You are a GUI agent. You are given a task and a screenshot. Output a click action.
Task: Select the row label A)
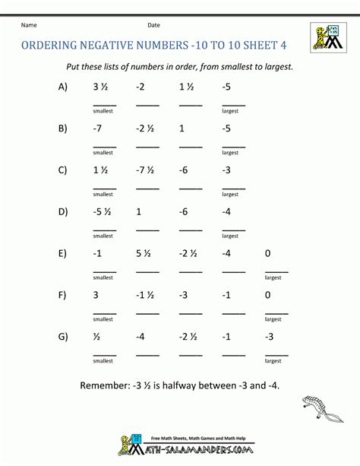(x=62, y=87)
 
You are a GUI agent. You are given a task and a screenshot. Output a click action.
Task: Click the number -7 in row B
(x=98, y=128)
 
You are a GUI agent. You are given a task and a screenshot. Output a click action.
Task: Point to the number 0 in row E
(x=268, y=253)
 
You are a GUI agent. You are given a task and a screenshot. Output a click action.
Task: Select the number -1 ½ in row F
(x=145, y=295)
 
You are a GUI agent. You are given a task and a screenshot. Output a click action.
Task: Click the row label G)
(x=62, y=336)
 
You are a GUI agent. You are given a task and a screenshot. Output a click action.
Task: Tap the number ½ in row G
(x=96, y=336)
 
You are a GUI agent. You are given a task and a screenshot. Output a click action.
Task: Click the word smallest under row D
(x=103, y=236)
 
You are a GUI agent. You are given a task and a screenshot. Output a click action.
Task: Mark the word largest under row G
(x=273, y=360)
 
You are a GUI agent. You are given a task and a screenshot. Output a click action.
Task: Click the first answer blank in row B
(x=104, y=144)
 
